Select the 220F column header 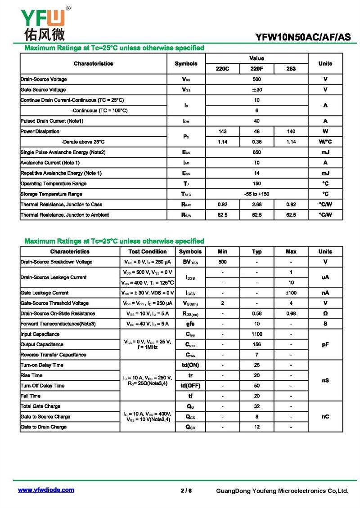click(x=256, y=69)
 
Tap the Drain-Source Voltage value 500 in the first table click(x=256, y=79)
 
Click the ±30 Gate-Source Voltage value click(x=256, y=89)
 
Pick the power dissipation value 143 click(x=222, y=131)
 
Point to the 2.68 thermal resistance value click(x=256, y=205)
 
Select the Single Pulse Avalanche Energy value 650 click(x=256, y=152)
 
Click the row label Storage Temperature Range click(x=51, y=194)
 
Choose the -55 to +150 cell click(x=256, y=194)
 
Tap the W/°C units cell click(x=325, y=142)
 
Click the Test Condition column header click(x=148, y=252)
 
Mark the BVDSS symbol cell click(x=190, y=262)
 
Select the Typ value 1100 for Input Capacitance click(x=256, y=334)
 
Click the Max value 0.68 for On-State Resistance click(x=291, y=314)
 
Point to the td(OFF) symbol click(x=190, y=386)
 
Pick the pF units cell click(x=325, y=344)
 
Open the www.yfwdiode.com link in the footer click(x=46, y=490)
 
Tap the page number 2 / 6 click(x=186, y=490)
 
